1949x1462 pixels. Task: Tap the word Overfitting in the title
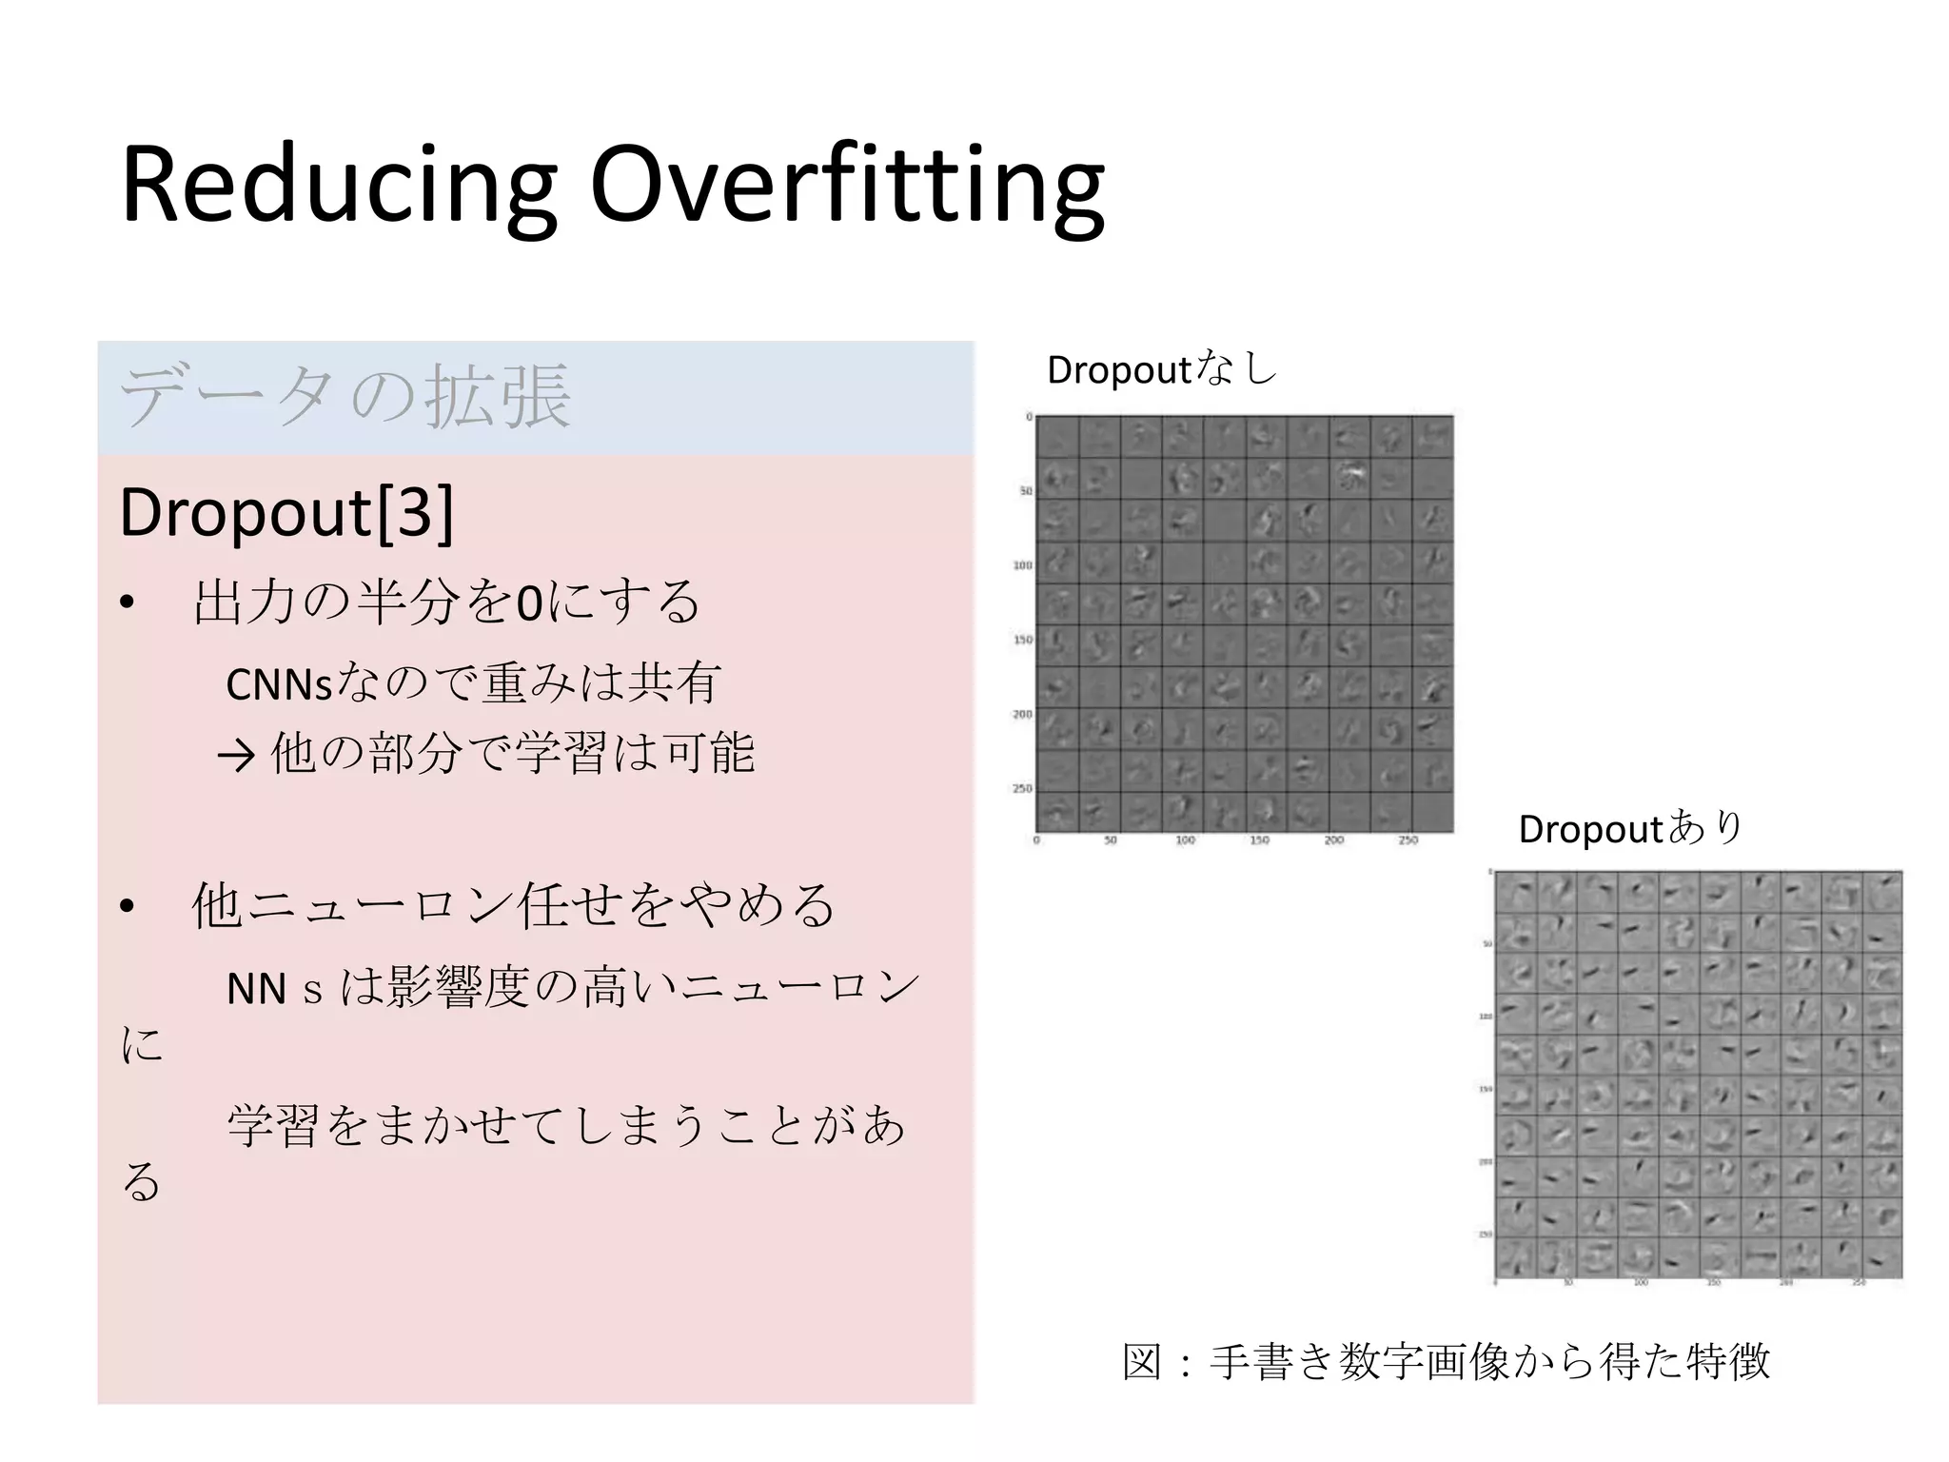tap(847, 185)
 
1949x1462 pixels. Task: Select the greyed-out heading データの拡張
tap(345, 396)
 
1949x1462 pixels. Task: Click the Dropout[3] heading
tap(286, 513)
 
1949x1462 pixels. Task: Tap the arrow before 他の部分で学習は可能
tap(237, 756)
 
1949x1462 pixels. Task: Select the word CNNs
tap(279, 684)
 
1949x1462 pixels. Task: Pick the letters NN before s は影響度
tap(256, 990)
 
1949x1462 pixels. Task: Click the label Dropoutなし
tap(1161, 369)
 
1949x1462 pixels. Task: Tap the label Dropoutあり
tap(1630, 828)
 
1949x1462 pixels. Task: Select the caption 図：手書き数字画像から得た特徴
tap(1446, 1361)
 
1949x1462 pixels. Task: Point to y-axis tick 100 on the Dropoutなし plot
tap(1022, 565)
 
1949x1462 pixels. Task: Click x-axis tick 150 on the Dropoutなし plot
tap(1259, 840)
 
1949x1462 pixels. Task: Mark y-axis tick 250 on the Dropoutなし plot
tap(1022, 788)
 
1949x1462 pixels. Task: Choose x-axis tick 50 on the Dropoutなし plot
tap(1110, 840)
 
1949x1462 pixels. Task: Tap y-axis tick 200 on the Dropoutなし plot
tap(1022, 714)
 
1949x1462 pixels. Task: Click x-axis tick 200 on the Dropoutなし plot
tap(1333, 840)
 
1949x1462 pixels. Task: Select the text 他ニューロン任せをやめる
tap(514, 905)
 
